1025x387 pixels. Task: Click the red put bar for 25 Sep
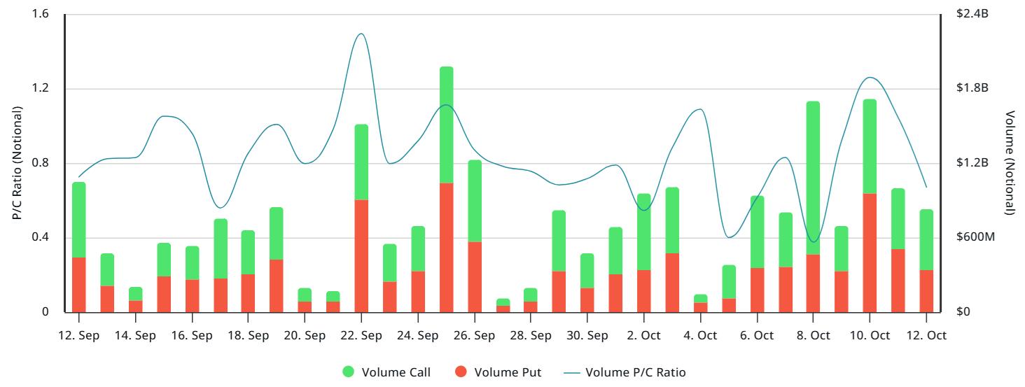point(446,247)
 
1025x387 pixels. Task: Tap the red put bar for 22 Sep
point(361,255)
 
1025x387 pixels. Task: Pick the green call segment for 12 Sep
point(79,220)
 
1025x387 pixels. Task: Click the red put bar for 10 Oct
point(870,253)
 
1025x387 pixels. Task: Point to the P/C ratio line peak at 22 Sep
point(361,34)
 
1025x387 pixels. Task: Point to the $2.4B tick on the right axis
point(972,15)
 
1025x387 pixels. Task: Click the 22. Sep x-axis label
point(361,335)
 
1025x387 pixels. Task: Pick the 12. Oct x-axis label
point(926,335)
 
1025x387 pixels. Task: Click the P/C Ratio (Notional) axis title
point(17,164)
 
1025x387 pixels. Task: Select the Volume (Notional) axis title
point(1009,164)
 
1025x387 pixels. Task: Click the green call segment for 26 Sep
point(474,201)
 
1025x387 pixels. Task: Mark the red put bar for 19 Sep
point(277,286)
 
